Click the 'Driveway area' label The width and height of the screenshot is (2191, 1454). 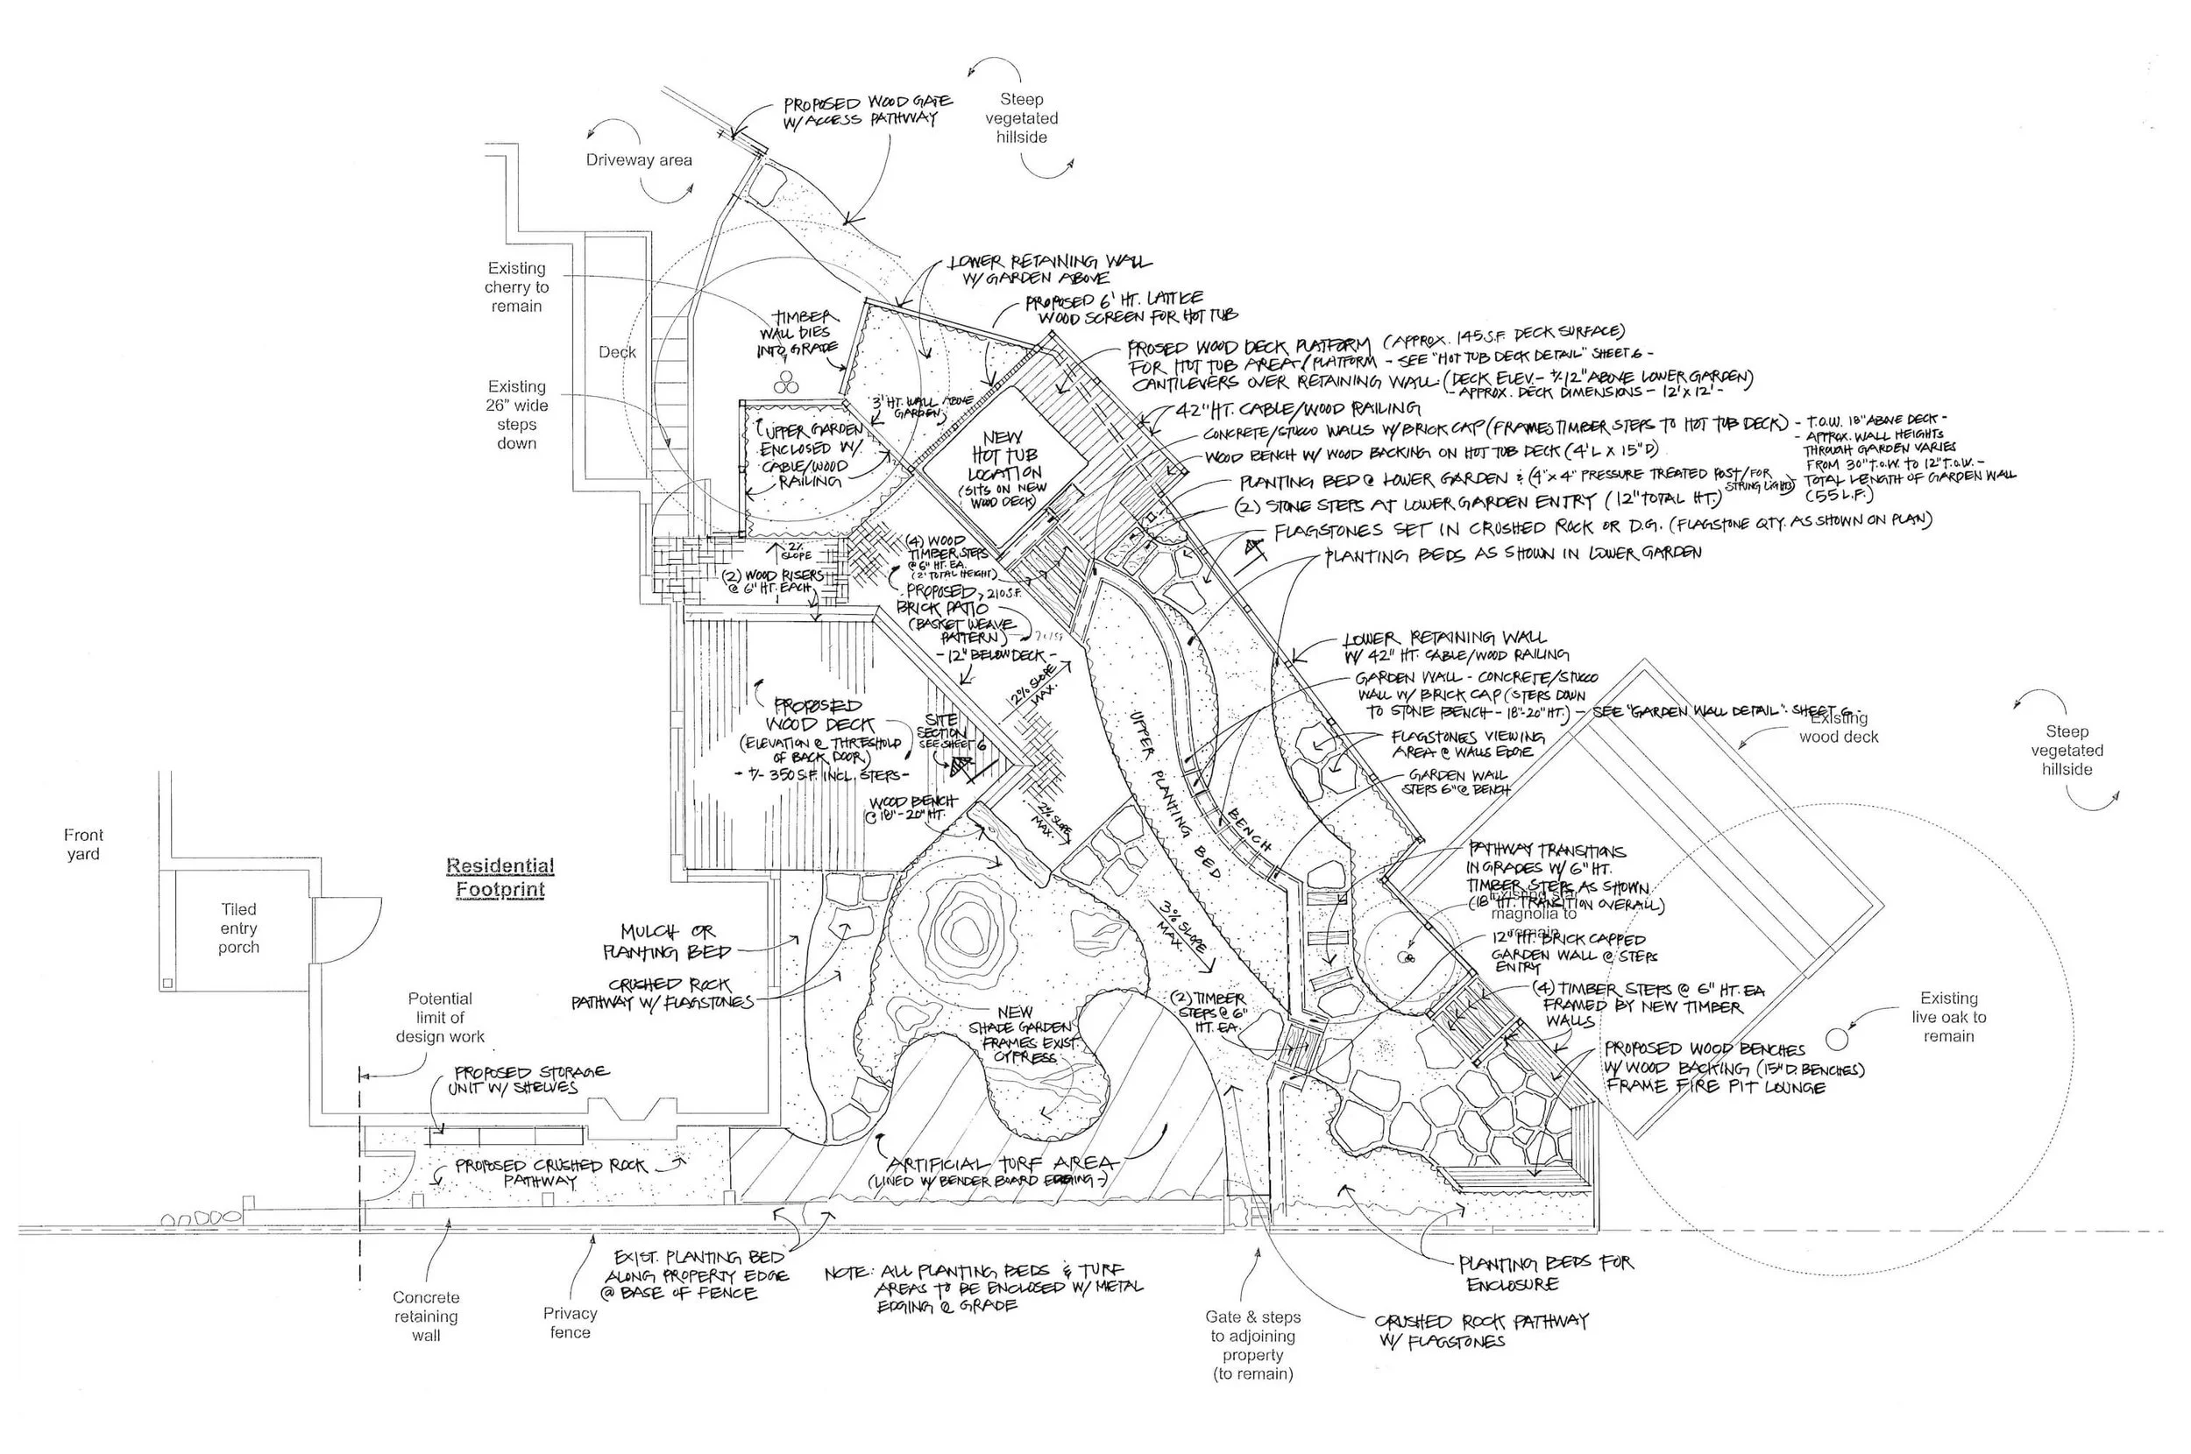[x=638, y=160]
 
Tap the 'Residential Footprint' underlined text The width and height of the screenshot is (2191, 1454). [x=500, y=878]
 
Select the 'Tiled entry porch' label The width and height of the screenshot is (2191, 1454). [x=238, y=928]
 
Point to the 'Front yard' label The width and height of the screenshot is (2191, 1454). [x=83, y=843]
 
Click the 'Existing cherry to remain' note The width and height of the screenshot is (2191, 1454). [x=517, y=286]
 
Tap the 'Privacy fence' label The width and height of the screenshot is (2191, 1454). [x=570, y=1323]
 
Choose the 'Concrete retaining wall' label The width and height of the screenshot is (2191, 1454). [x=426, y=1316]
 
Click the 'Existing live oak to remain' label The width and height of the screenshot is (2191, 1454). [x=1948, y=1016]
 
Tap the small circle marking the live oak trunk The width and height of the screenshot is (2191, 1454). [x=1838, y=1037]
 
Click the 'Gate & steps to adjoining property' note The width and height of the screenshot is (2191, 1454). [x=1252, y=1345]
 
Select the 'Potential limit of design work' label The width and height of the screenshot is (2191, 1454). [x=440, y=1017]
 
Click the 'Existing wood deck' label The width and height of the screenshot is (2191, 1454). [x=1839, y=728]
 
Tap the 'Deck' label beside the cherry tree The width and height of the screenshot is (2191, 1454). [x=617, y=352]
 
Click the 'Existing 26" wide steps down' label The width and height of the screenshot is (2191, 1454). [x=517, y=414]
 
